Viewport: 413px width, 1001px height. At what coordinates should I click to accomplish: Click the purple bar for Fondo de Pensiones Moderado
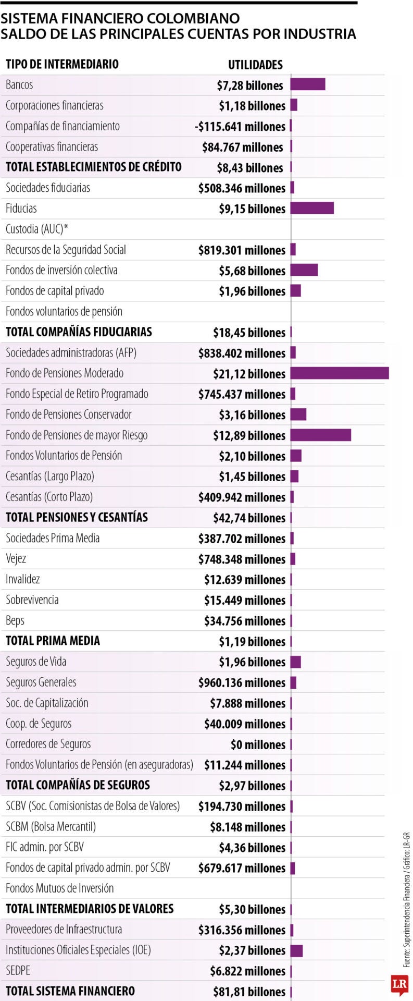pyautogui.click(x=340, y=373)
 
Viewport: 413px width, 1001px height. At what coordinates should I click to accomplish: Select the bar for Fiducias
pyautogui.click(x=312, y=208)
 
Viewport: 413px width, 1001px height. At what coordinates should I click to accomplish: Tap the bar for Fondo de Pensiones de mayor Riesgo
pyautogui.click(x=320, y=435)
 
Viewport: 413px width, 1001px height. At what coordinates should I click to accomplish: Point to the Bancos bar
pyautogui.click(x=308, y=84)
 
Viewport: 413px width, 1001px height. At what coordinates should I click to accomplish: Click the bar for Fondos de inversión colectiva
pyautogui.click(x=304, y=270)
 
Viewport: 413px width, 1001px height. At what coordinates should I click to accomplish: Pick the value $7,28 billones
pyautogui.click(x=250, y=86)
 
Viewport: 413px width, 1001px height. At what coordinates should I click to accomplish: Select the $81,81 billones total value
pyautogui.click(x=249, y=992)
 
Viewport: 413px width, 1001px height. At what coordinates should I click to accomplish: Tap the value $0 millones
pyautogui.click(x=258, y=744)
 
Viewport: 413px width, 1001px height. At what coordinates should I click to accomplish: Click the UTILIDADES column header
pyautogui.click(x=255, y=65)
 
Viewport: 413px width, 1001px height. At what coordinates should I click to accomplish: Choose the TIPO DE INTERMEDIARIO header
pyautogui.click(x=62, y=64)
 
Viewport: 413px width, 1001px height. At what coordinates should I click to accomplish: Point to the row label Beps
pyautogui.click(x=15, y=620)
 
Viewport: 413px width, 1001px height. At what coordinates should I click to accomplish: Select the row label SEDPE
pyautogui.click(x=18, y=971)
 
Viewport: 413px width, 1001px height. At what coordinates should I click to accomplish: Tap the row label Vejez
pyautogui.click(x=16, y=558)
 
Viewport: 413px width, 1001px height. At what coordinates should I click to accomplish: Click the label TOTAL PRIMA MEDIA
pyautogui.click(x=53, y=641)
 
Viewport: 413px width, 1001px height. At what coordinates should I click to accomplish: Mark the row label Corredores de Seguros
pyautogui.click(x=48, y=744)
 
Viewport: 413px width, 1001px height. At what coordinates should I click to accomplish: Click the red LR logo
pyautogui.click(x=399, y=984)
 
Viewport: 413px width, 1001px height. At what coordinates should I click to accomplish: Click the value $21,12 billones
pyautogui.click(x=249, y=374)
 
